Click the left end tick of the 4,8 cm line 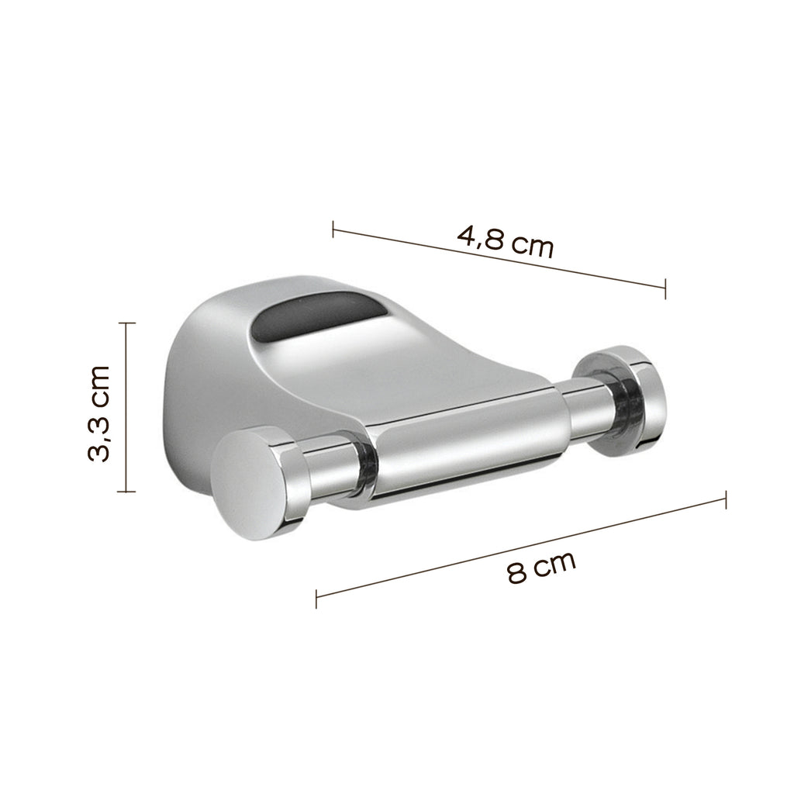tap(333, 230)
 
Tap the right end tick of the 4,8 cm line tap(665, 290)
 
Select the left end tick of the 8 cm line tap(316, 598)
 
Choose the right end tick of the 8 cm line tap(725, 499)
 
